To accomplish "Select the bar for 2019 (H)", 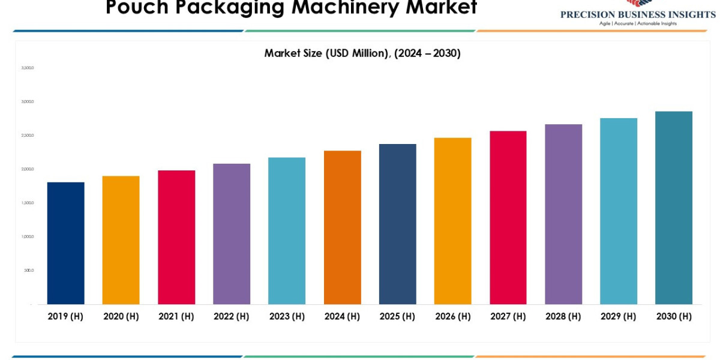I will [x=65, y=243].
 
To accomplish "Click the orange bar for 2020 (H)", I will [x=121, y=240].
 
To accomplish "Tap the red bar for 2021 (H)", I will [x=176, y=237].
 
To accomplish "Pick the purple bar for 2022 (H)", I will [x=232, y=234].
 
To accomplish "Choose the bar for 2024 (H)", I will [x=342, y=227].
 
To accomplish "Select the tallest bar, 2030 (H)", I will [x=673, y=208].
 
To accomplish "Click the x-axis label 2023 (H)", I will [x=287, y=316].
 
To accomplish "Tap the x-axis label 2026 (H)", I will [x=452, y=316].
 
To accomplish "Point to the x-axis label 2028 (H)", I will [x=563, y=316].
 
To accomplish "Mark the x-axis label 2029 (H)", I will [x=618, y=316].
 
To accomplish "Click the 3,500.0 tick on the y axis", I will [x=28, y=68].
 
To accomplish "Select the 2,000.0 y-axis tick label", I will [x=28, y=169].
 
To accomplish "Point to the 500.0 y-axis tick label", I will [x=29, y=270].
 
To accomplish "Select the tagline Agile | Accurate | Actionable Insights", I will [x=638, y=23].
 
